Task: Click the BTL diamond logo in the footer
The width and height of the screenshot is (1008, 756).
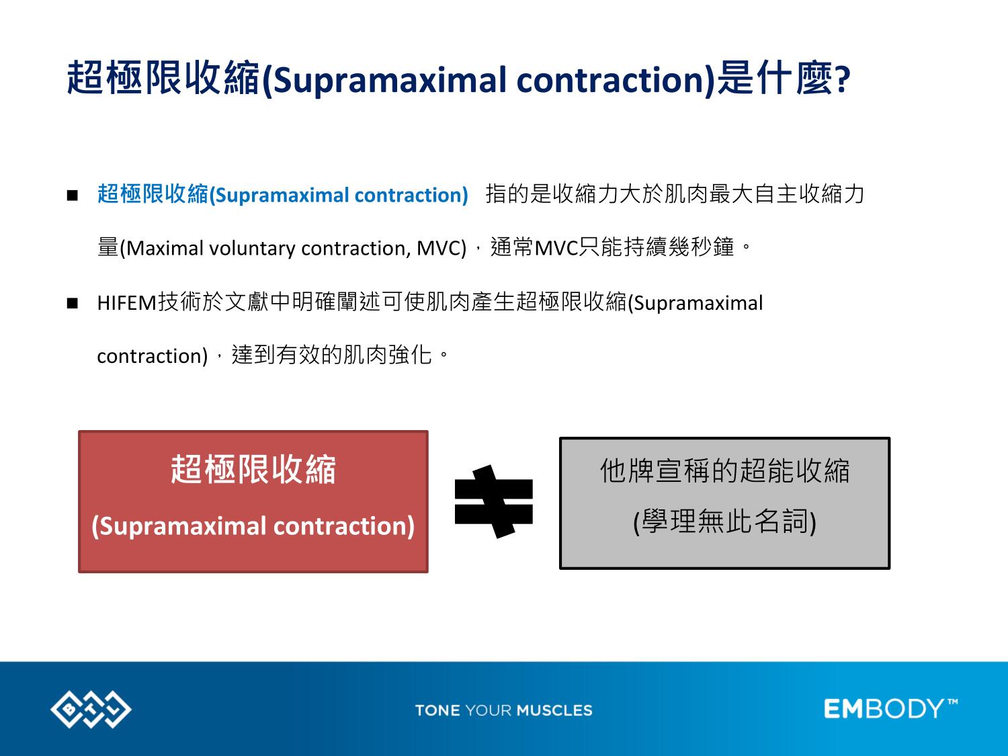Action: (x=91, y=709)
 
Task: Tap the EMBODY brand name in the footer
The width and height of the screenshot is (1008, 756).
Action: (x=884, y=709)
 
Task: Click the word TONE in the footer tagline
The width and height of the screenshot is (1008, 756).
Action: (x=437, y=710)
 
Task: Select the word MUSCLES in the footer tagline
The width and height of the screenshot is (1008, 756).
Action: (x=554, y=710)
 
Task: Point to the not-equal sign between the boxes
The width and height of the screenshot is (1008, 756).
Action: (x=494, y=501)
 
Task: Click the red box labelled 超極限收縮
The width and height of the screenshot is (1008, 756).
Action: (x=253, y=501)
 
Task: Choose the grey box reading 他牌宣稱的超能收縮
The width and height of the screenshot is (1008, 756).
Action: (x=724, y=503)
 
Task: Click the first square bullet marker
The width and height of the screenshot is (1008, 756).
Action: (x=72, y=196)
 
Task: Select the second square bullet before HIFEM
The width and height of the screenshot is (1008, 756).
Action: (x=72, y=304)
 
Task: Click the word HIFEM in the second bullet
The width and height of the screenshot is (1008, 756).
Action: (x=127, y=304)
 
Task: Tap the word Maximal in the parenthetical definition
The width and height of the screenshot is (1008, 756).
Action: (x=165, y=249)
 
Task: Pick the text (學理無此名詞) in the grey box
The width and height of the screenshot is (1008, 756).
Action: (x=724, y=522)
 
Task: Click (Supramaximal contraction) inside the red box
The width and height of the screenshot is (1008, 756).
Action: (x=253, y=526)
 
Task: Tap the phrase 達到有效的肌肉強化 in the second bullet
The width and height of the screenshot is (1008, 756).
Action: (x=331, y=355)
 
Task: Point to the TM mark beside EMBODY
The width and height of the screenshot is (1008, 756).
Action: (x=952, y=702)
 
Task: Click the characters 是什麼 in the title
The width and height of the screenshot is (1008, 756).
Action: (x=775, y=78)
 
